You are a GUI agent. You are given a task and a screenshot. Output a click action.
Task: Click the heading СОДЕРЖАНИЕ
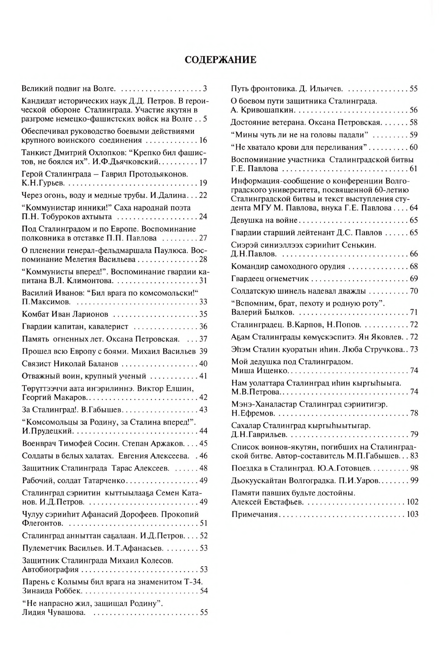220,60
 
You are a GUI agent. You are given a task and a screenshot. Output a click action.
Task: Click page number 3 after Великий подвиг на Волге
205,88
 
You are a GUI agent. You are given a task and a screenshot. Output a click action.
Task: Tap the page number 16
203,141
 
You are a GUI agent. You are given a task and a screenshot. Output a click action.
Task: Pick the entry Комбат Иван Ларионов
65,314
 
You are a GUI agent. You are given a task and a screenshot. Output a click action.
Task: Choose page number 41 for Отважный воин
203,376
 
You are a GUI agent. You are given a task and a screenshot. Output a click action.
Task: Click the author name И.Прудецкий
47,431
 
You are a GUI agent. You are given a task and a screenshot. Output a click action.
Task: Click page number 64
413,208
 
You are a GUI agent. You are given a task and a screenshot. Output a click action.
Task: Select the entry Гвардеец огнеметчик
270,279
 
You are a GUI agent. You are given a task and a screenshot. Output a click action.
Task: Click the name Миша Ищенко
260,371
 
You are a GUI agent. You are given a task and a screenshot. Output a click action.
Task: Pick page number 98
414,469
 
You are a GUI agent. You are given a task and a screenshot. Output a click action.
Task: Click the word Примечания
255,515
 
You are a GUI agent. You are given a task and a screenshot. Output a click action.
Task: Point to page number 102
412,502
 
